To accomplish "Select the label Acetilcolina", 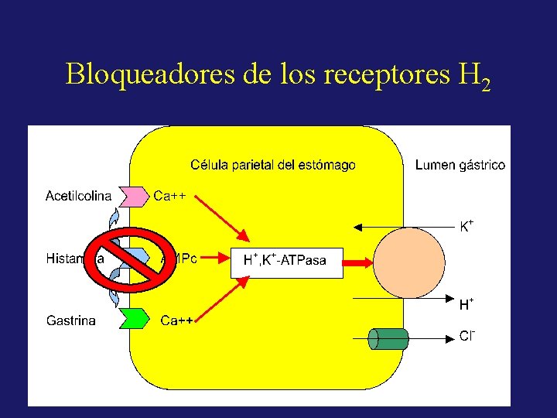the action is point(78,196).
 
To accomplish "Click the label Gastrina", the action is point(71,320).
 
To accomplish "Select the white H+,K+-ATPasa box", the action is point(285,261).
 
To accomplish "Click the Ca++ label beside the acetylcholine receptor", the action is point(170,196).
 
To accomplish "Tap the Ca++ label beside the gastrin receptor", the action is point(177,320).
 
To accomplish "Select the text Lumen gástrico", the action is point(460,165).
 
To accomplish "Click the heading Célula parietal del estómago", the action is point(273,165).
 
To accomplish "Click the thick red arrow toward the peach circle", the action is point(358,263).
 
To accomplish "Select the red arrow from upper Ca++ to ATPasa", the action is point(222,217).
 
